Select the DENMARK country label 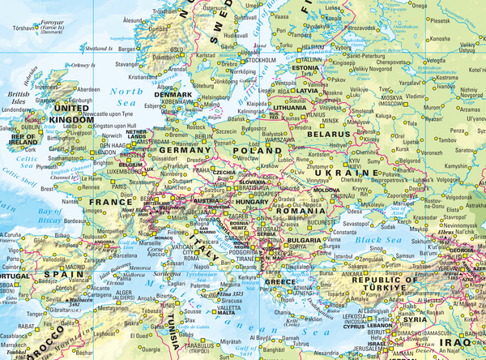pos(175,95)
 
